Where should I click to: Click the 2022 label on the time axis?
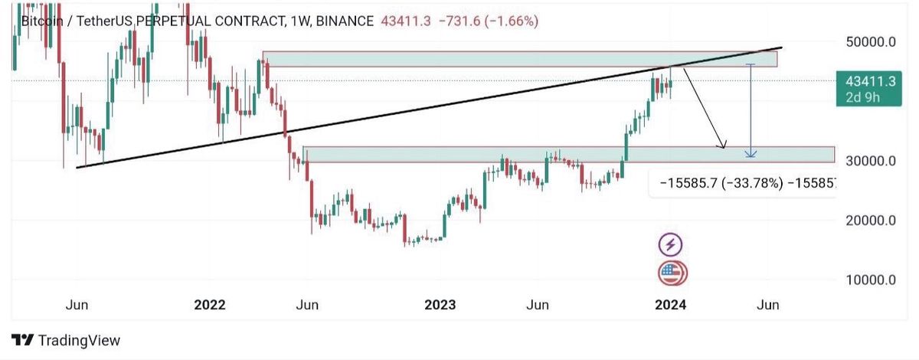pyautogui.click(x=209, y=305)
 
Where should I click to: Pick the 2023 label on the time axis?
pyautogui.click(x=440, y=305)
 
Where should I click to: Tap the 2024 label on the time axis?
pyautogui.click(x=671, y=305)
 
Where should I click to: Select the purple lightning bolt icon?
pyautogui.click(x=671, y=244)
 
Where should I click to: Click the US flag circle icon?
pyautogui.click(x=672, y=272)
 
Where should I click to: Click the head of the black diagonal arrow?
pyautogui.click(x=722, y=147)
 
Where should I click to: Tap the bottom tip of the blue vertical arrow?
pyautogui.click(x=751, y=156)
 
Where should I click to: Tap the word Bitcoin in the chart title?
pyautogui.click(x=41, y=21)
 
